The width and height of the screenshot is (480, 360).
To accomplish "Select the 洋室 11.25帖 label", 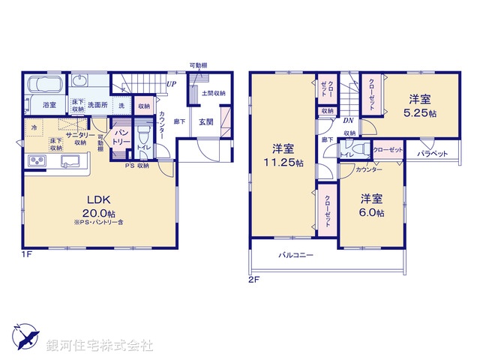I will (x=282, y=154).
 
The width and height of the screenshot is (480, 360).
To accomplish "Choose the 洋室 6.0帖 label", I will (x=371, y=205).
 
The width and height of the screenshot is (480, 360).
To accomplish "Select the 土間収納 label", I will (x=214, y=93).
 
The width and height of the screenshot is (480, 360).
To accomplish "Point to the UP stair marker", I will (x=172, y=84).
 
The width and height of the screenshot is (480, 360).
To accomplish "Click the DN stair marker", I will (x=349, y=120).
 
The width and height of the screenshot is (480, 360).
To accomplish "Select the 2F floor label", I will (x=253, y=279).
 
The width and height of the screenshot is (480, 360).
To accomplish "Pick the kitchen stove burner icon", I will (x=37, y=162).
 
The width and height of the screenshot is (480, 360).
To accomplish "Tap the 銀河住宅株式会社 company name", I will (x=99, y=345).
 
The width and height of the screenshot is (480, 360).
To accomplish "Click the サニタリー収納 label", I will (x=80, y=136).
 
